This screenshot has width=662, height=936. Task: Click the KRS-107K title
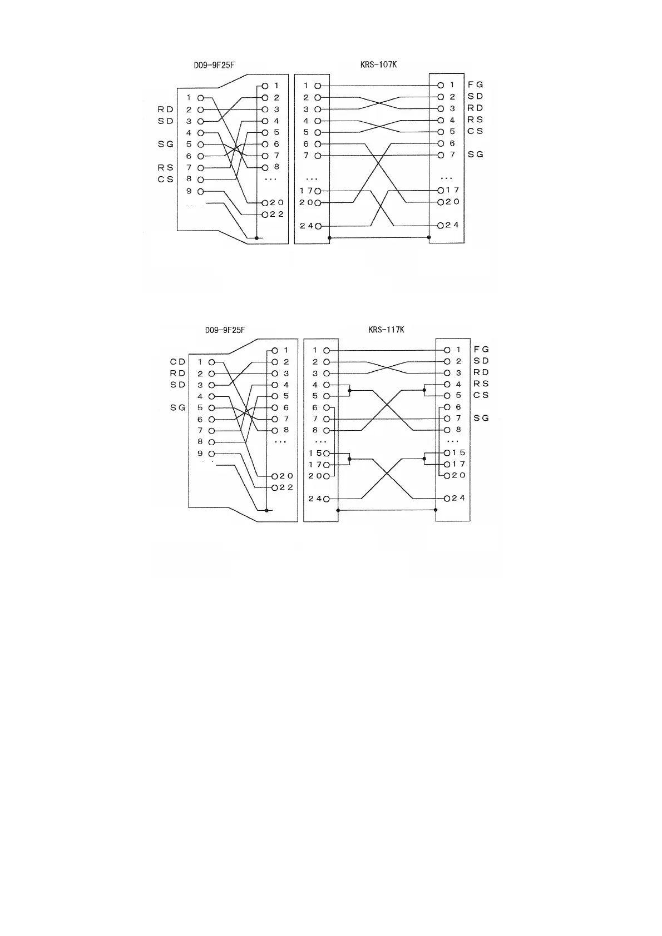pos(378,64)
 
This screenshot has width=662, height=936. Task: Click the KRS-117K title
pos(386,330)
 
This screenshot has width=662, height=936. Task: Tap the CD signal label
pos(177,362)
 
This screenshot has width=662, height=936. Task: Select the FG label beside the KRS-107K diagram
pos(475,85)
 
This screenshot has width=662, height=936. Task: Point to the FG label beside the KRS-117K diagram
pos(481,350)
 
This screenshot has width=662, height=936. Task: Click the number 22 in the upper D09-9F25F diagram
pos(277,215)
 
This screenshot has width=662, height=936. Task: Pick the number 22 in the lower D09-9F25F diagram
pos(286,487)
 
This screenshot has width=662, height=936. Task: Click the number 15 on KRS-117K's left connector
pos(315,453)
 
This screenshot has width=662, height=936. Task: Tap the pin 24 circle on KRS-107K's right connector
pos(441,226)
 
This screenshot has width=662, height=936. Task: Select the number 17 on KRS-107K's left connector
pos(307,191)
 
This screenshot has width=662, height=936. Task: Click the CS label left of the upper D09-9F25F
pos(166,180)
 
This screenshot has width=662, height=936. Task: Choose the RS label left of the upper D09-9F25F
pos(166,167)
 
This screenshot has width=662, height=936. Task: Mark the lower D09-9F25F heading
pos(225,330)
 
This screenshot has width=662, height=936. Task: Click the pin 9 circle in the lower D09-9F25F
pos(211,454)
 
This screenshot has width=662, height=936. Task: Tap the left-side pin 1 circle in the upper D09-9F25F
pos(200,98)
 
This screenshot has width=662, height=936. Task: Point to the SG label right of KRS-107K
pos(475,155)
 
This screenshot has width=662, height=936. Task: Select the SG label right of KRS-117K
pos(481,418)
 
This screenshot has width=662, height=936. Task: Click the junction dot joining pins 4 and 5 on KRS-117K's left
pos(349,391)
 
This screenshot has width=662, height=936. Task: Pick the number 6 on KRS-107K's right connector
pos(452,143)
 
